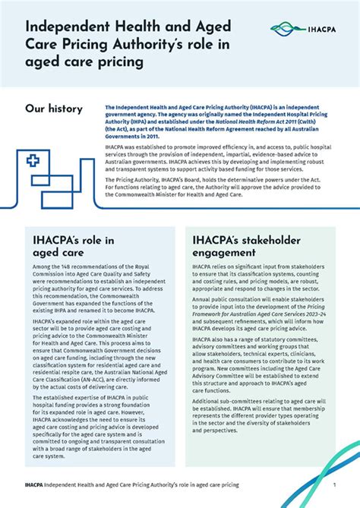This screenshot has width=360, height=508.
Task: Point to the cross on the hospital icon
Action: pyautogui.click(x=33, y=160)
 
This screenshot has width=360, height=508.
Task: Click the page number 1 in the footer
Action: pyautogui.click(x=333, y=483)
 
